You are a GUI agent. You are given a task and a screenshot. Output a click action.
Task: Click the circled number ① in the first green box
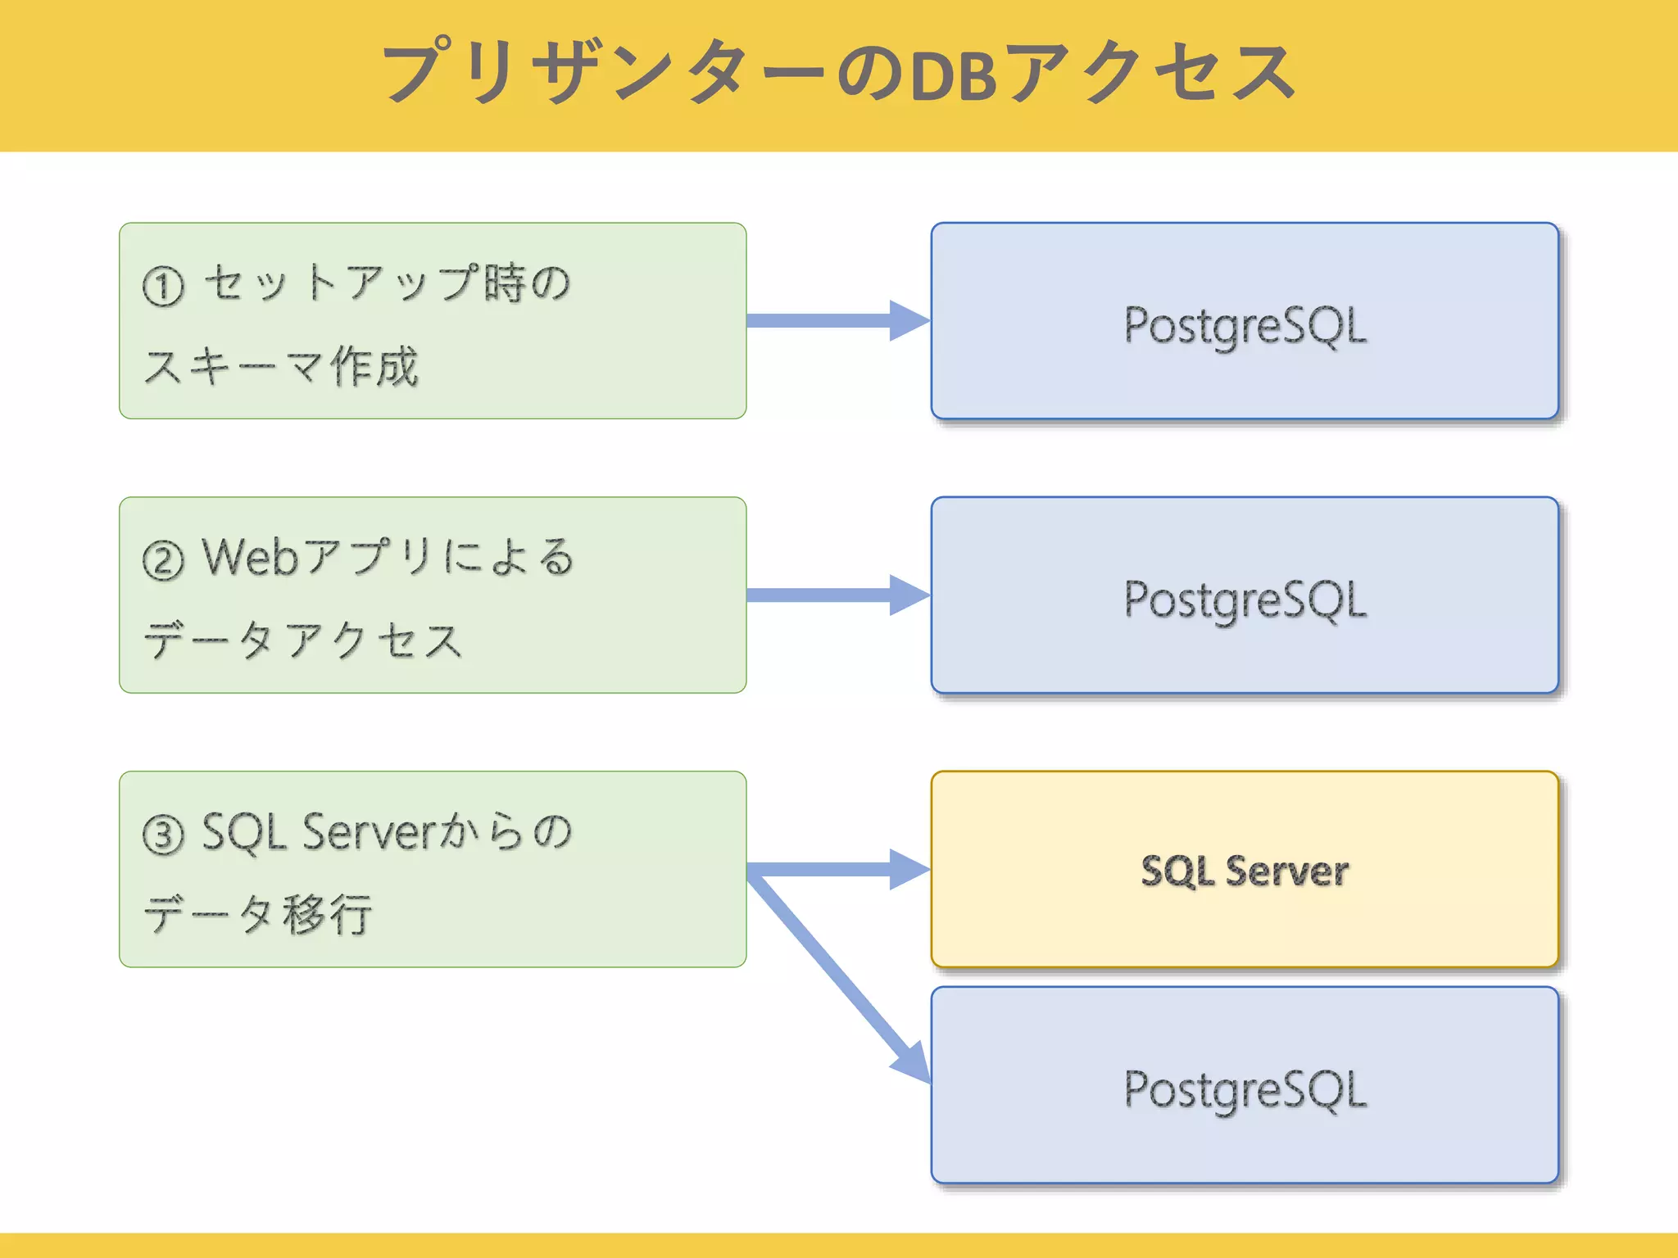[x=163, y=287]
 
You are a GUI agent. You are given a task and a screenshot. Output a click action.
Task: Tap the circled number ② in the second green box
[x=163, y=561]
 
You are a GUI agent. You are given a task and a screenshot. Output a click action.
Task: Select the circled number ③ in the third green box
[x=163, y=835]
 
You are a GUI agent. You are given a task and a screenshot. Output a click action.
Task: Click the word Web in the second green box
[x=250, y=558]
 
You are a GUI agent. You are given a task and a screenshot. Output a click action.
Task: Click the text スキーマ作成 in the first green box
[x=281, y=366]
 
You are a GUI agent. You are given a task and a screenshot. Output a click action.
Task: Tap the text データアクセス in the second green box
[x=303, y=640]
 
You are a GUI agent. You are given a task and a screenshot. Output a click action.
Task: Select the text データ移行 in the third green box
[x=258, y=914]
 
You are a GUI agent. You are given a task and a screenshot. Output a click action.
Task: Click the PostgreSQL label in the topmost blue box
[x=1245, y=326]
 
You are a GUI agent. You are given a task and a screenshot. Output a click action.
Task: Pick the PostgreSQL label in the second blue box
[x=1245, y=600]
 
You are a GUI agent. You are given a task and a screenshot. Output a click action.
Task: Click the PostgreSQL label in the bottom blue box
[x=1245, y=1090]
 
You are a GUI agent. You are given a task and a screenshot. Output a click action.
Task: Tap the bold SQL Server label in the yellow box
[x=1245, y=871]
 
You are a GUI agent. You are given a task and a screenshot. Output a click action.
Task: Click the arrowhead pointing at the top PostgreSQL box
[x=908, y=320]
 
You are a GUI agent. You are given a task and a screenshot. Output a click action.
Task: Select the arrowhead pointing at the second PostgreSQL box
[x=908, y=595]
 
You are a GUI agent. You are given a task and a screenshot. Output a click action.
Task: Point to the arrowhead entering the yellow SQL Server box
[x=908, y=869]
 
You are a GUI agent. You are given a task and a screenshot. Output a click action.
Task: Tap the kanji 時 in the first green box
[x=504, y=283]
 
